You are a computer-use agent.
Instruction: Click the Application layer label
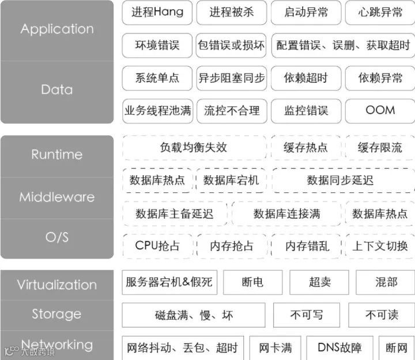point(57,29)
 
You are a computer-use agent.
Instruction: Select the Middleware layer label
point(57,197)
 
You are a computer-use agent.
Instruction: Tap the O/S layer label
point(57,237)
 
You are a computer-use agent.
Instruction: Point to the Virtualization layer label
point(57,285)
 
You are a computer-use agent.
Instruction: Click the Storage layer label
point(57,314)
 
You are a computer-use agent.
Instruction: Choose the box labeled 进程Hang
point(157,12)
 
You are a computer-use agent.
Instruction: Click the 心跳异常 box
point(380,12)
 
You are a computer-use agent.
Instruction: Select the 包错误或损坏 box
point(232,45)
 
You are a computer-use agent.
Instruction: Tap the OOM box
point(380,110)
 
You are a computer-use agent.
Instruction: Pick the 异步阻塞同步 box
point(232,78)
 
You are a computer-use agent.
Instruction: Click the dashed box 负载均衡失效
point(194,147)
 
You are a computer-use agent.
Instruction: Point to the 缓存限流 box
point(380,147)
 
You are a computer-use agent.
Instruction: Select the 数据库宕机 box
point(232,180)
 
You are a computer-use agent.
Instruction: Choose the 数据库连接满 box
point(286,214)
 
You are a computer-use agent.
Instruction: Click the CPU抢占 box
point(157,246)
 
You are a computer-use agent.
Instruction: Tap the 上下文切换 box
point(380,246)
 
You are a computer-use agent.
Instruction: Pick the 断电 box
point(252,282)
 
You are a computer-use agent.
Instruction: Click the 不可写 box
point(307,315)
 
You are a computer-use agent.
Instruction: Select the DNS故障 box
point(339,348)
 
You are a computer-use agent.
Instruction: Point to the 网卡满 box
point(275,348)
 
